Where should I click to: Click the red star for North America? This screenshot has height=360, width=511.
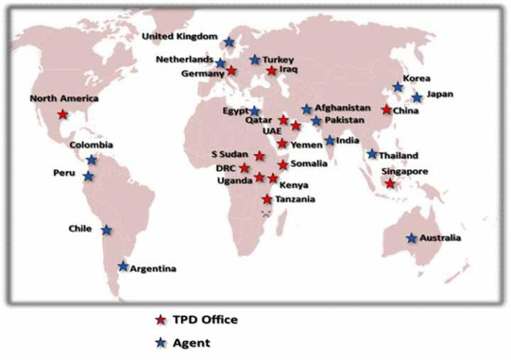tap(62, 114)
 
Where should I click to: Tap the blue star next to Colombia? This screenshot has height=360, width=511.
tap(92, 160)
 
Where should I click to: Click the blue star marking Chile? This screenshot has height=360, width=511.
tap(106, 230)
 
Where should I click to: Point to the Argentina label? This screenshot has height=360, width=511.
tap(153, 268)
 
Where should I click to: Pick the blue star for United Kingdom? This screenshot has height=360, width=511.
tap(229, 43)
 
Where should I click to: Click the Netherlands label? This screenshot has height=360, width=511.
tap(185, 60)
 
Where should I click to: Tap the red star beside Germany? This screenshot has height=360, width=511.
tap(231, 71)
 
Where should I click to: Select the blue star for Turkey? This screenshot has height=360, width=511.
tap(255, 60)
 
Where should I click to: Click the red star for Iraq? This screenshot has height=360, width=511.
tap(271, 71)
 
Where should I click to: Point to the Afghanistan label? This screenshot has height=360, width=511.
tap(343, 107)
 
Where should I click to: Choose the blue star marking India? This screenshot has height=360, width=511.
tap(330, 141)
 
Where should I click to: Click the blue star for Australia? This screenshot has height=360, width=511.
tap(412, 238)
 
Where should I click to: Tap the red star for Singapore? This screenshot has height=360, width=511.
tap(390, 184)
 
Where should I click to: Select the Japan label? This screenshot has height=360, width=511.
tap(440, 94)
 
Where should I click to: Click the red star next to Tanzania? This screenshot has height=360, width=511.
tap(267, 200)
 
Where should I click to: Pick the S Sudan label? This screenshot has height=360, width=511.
tap(230, 154)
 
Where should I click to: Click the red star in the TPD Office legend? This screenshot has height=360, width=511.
tap(161, 320)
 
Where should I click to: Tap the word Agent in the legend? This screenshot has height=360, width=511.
tap(195, 343)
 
